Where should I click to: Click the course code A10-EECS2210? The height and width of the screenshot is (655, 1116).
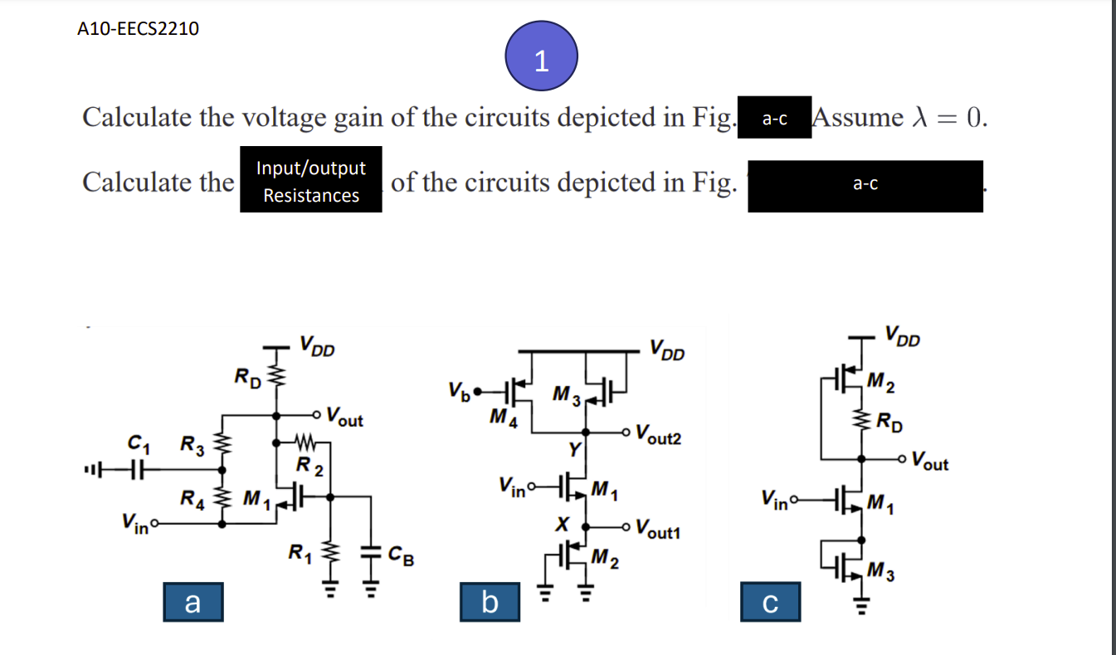[x=138, y=29]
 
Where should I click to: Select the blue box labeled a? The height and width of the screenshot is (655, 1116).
[x=192, y=602]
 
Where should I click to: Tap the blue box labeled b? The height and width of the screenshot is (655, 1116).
[x=490, y=602]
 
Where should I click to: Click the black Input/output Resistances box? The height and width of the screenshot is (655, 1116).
[x=311, y=181]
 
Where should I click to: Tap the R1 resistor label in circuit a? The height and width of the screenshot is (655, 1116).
[x=297, y=552]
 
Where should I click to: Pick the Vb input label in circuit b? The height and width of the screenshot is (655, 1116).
[x=458, y=389]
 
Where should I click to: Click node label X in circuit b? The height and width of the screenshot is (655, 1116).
[x=563, y=525]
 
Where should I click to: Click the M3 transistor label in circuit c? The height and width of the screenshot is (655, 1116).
[x=880, y=572]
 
